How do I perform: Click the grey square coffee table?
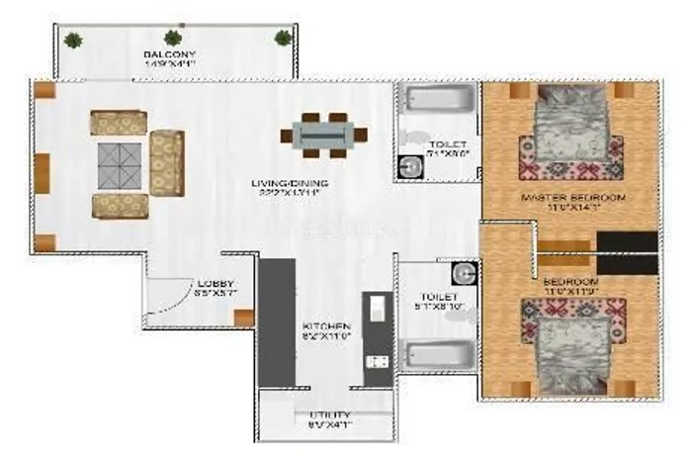click(119, 163)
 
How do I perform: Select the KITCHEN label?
click(325, 325)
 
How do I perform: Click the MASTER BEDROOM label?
click(572, 199)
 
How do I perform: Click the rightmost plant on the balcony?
click(283, 39)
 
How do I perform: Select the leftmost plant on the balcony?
click(73, 40)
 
